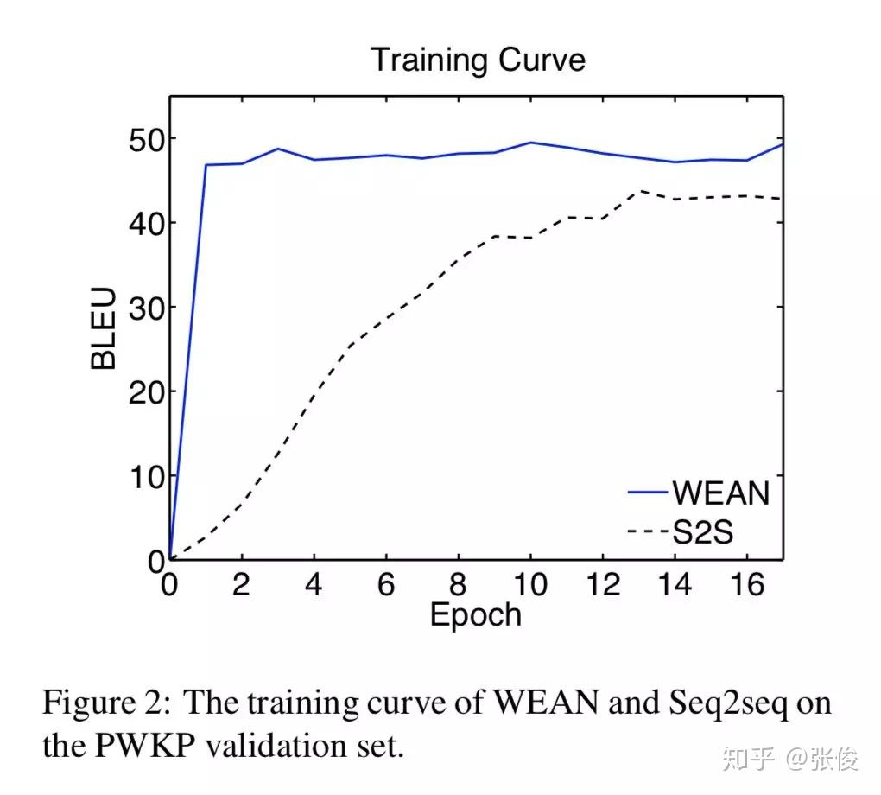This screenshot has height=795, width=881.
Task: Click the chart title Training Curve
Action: point(478,60)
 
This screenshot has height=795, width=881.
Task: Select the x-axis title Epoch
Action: point(476,614)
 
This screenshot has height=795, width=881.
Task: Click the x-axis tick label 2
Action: point(242,585)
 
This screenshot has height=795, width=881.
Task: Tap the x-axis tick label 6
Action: point(386,585)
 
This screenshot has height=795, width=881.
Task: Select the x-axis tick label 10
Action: point(529,585)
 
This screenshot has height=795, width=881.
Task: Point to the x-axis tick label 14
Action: point(675,585)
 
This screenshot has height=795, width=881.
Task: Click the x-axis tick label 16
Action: point(747,585)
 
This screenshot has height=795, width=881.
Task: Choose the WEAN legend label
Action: point(720,493)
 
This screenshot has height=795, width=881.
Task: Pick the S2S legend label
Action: point(702,533)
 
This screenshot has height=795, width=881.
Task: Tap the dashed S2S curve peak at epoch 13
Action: point(639,191)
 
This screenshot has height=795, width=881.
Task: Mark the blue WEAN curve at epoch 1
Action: point(206,164)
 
